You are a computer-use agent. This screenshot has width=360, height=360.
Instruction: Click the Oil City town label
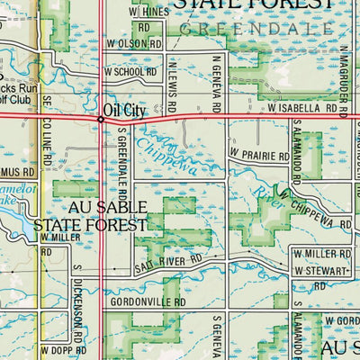(125, 109)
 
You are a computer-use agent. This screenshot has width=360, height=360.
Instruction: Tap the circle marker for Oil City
(100, 118)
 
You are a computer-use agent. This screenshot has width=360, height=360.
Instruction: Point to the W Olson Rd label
(134, 42)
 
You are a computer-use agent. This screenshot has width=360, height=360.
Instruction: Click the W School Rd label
(130, 70)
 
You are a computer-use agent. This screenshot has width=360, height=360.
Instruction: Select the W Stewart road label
(322, 271)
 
